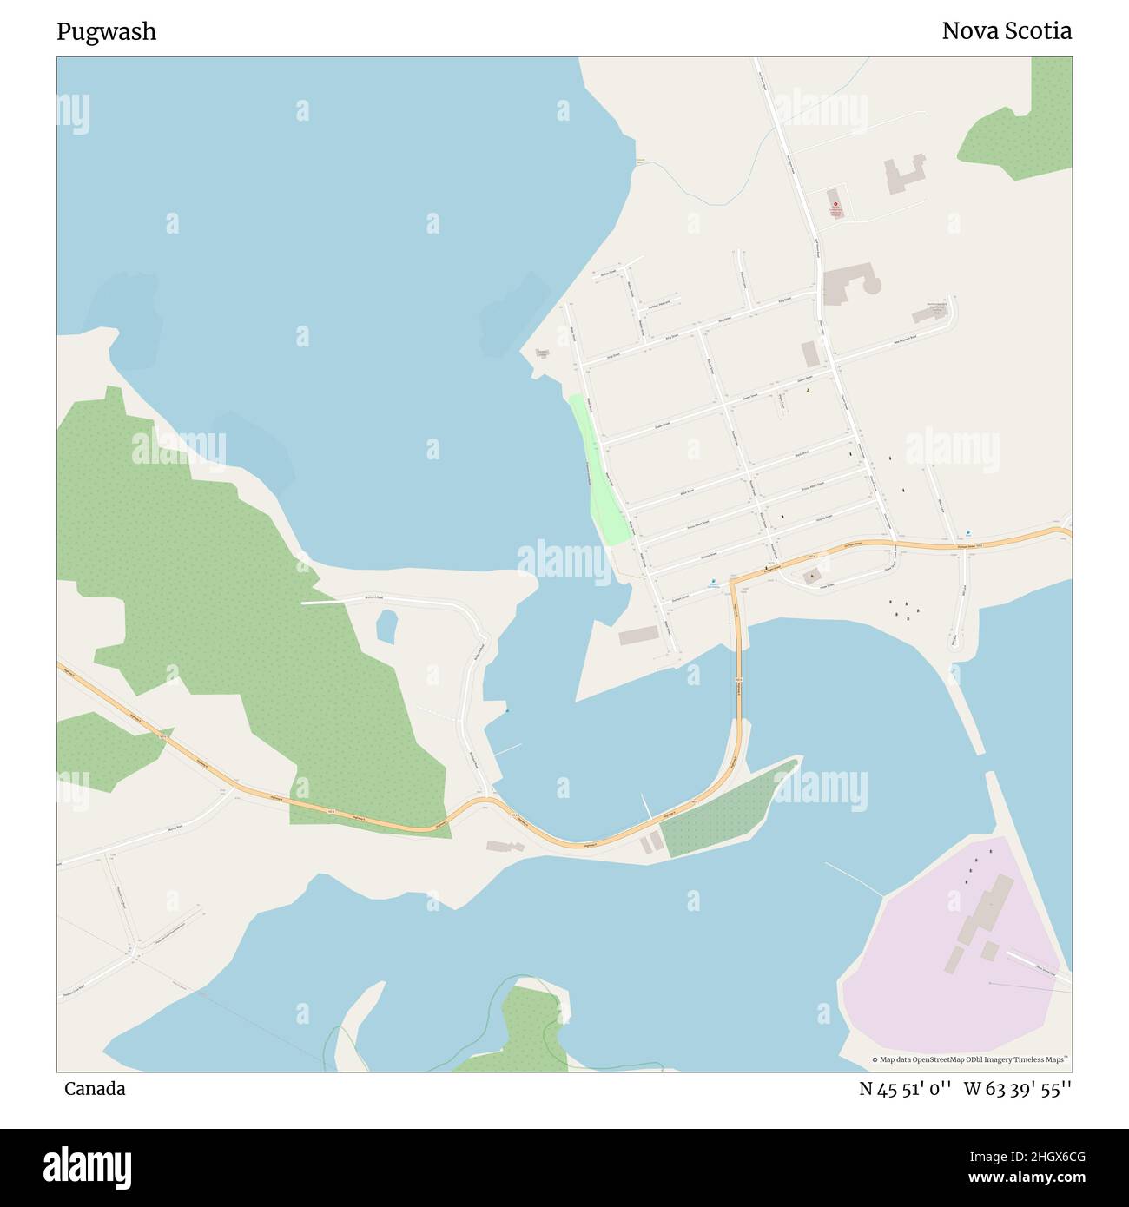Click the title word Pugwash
pos(106,32)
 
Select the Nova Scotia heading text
pos(1006,32)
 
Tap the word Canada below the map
pos(94,1089)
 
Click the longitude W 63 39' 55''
pos(1017,1089)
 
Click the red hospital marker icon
pos(835,205)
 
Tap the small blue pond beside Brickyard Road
pos(386,626)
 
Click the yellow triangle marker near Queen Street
pos(808,390)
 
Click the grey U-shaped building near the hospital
pos(904,174)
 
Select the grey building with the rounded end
pos(847,284)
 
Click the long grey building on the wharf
pos(638,636)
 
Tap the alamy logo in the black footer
pos(87,1166)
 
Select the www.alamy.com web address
pos(1020,1178)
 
